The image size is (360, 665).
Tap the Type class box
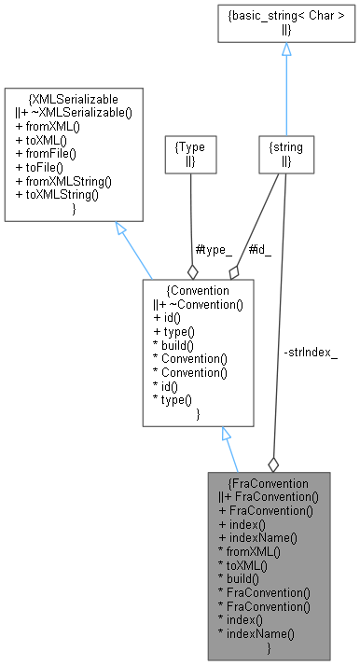[x=190, y=154]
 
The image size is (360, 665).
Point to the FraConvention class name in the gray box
[x=270, y=483]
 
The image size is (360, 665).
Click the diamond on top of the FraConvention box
[x=273, y=464]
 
